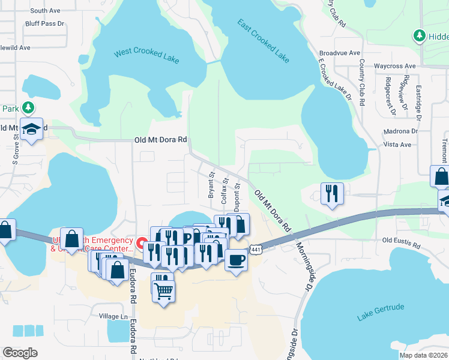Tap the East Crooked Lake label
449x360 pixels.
[263, 41]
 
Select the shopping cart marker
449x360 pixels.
[163, 292]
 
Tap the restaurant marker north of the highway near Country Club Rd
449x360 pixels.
[332, 194]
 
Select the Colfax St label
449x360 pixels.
[225, 188]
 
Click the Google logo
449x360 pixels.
[20, 353]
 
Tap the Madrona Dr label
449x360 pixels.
[400, 131]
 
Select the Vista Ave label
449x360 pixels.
[397, 145]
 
